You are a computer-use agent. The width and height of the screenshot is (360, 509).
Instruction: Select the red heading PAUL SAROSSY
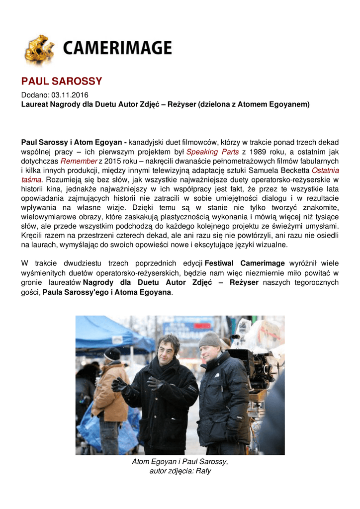coord(61,82)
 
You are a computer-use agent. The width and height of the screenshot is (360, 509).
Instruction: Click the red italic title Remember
coord(79,162)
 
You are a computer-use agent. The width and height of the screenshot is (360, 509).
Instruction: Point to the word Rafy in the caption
coord(203,471)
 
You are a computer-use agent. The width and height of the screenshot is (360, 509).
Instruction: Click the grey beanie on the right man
coord(209,339)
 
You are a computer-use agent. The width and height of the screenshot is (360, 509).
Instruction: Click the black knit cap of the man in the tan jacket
coord(112,353)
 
